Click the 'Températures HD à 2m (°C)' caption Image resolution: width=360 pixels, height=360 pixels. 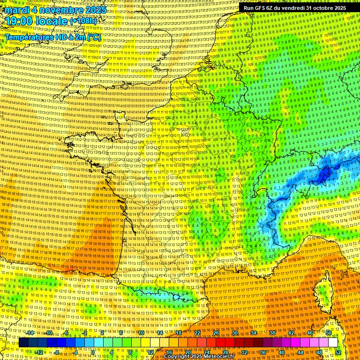[x=53, y=37]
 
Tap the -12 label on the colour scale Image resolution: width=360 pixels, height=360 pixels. [x=39, y=352]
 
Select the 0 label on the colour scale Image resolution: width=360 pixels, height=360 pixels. [x=93, y=352]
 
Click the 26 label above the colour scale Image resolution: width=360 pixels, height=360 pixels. [x=216, y=333]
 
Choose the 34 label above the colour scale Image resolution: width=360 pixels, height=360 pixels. [x=254, y=333]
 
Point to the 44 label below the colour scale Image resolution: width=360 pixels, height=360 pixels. [x=300, y=352]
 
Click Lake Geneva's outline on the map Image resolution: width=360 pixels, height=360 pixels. [x=264, y=192]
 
